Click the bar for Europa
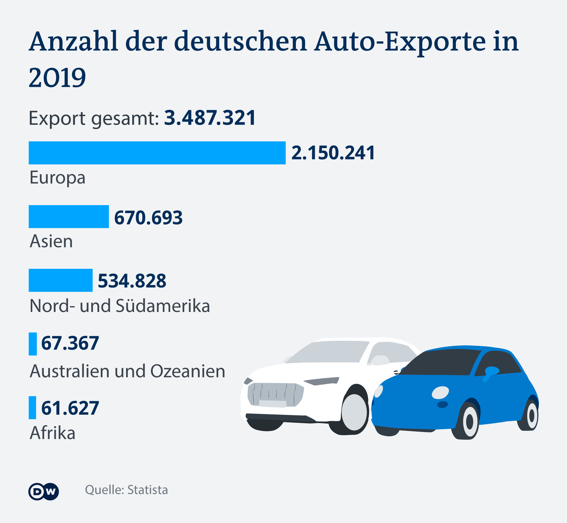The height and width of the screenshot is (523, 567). pyautogui.click(x=157, y=153)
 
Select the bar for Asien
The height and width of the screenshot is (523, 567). pyautogui.click(x=69, y=217)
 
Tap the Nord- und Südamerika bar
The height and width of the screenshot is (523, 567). pyautogui.click(x=61, y=280)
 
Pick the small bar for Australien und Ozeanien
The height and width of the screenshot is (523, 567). pyautogui.click(x=33, y=344)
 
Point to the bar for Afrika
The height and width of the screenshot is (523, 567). pyautogui.click(x=32, y=408)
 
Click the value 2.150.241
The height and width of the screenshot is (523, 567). pyautogui.click(x=333, y=153)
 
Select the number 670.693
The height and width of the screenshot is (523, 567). pyautogui.click(x=148, y=218)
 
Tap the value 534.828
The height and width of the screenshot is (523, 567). pyautogui.click(x=132, y=281)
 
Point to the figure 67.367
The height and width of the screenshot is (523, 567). pyautogui.click(x=70, y=343)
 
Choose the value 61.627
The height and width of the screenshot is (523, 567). pyautogui.click(x=70, y=408)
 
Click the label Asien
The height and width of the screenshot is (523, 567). pyautogui.click(x=51, y=241)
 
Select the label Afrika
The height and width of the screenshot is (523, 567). pyautogui.click(x=53, y=433)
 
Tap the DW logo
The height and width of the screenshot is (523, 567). pyautogui.click(x=44, y=492)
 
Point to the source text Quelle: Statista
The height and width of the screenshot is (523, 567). pyautogui.click(x=126, y=490)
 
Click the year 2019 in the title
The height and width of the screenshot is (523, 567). pyautogui.click(x=57, y=78)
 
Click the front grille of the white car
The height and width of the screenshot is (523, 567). pyautogui.click(x=275, y=394)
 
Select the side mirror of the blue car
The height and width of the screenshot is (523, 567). pyautogui.click(x=491, y=372)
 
